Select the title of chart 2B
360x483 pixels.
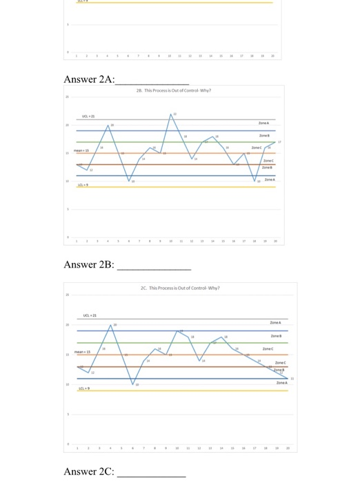tap(173, 90)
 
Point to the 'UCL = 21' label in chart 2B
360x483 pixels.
tap(88, 116)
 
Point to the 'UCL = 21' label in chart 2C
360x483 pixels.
tap(90, 315)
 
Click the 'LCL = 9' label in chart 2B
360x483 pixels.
tap(82, 185)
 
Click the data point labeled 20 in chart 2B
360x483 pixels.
tap(109, 126)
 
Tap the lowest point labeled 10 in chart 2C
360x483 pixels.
tap(133, 384)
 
